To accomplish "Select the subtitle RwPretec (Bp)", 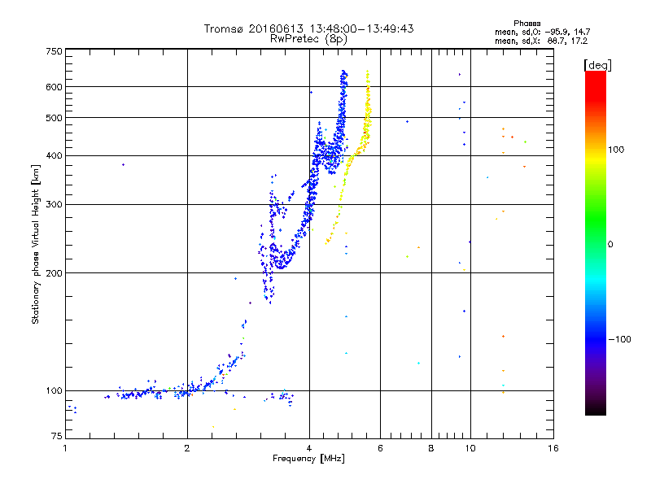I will (x=309, y=38).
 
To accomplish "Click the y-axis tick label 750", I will (x=54, y=51).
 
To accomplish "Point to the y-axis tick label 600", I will (x=54, y=86).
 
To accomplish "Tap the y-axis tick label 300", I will (x=54, y=204).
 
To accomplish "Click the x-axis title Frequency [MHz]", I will (x=309, y=459).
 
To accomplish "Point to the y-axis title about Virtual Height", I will (x=36, y=245).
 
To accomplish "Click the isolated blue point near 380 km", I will (x=123, y=165).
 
